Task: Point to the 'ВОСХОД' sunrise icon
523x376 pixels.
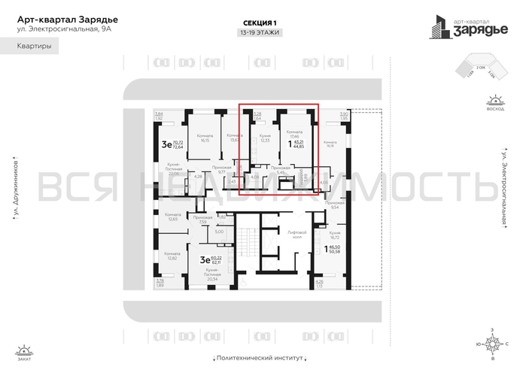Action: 495,102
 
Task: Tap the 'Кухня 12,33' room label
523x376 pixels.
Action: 264,138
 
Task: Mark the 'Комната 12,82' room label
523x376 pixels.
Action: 168,256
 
